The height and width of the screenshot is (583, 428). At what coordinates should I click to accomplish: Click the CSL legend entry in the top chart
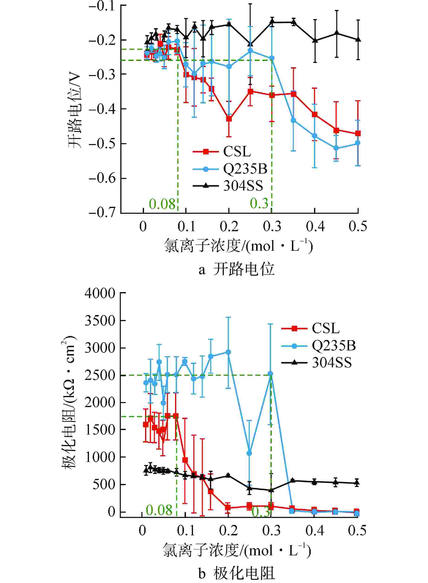coord(237,152)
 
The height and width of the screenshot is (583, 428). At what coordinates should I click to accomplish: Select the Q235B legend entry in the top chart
coord(245,169)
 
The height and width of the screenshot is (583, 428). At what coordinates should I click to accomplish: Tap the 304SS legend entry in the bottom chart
coord(332,362)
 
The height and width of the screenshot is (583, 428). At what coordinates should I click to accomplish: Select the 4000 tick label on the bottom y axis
coord(100,293)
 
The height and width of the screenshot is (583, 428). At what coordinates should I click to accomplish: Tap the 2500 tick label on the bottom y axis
coord(100,375)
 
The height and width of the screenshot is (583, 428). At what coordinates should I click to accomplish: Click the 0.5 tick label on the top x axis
coord(358,226)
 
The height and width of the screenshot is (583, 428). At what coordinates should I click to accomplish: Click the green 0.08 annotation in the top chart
coord(162,204)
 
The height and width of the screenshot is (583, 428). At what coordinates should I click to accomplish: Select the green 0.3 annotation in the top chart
coord(259,203)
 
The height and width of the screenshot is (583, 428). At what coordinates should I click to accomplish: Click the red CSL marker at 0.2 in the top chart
coord(229,119)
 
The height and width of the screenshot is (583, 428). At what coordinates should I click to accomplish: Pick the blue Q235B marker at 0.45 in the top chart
coord(336,148)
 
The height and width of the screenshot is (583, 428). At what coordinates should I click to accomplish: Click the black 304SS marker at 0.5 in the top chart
coord(358,40)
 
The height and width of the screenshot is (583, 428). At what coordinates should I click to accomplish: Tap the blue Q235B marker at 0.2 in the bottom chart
coord(228,352)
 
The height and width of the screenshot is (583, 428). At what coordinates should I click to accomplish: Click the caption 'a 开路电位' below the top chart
coord(236,270)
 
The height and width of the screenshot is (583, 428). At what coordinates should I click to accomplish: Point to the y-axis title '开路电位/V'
coord(75,112)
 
